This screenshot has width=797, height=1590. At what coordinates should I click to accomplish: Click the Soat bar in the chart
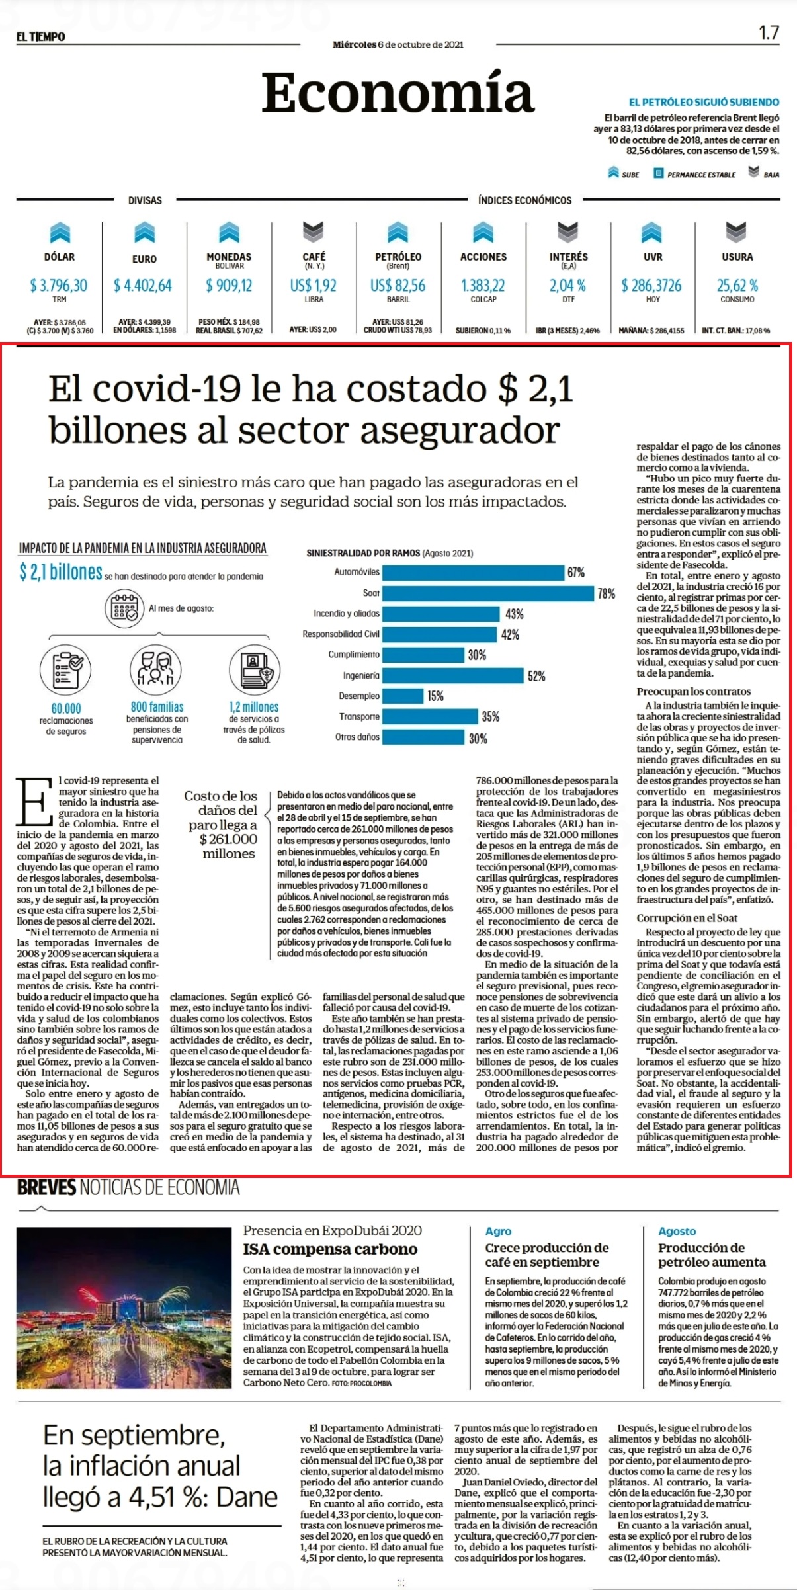(488, 593)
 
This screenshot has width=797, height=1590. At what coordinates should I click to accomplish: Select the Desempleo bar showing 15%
(403, 696)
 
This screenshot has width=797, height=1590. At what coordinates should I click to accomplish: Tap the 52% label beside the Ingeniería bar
(536, 676)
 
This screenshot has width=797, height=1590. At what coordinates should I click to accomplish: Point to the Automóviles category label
(357, 572)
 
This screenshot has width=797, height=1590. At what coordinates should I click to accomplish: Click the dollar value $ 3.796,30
(58, 285)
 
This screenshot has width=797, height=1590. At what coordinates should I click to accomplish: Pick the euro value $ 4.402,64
(143, 285)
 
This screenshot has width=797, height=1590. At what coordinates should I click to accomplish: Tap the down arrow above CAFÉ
(313, 231)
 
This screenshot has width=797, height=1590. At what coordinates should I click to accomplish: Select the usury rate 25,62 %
(737, 285)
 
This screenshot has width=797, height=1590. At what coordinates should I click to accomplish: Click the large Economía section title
(398, 93)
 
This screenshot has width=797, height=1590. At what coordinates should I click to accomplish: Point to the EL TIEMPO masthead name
(41, 37)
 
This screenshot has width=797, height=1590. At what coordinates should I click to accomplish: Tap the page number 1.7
(769, 32)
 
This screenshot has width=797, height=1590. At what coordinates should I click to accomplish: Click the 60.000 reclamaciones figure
(66, 708)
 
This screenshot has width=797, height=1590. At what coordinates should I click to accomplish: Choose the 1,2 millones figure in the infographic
(254, 706)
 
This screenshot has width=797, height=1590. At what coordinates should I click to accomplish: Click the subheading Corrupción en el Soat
(687, 918)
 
